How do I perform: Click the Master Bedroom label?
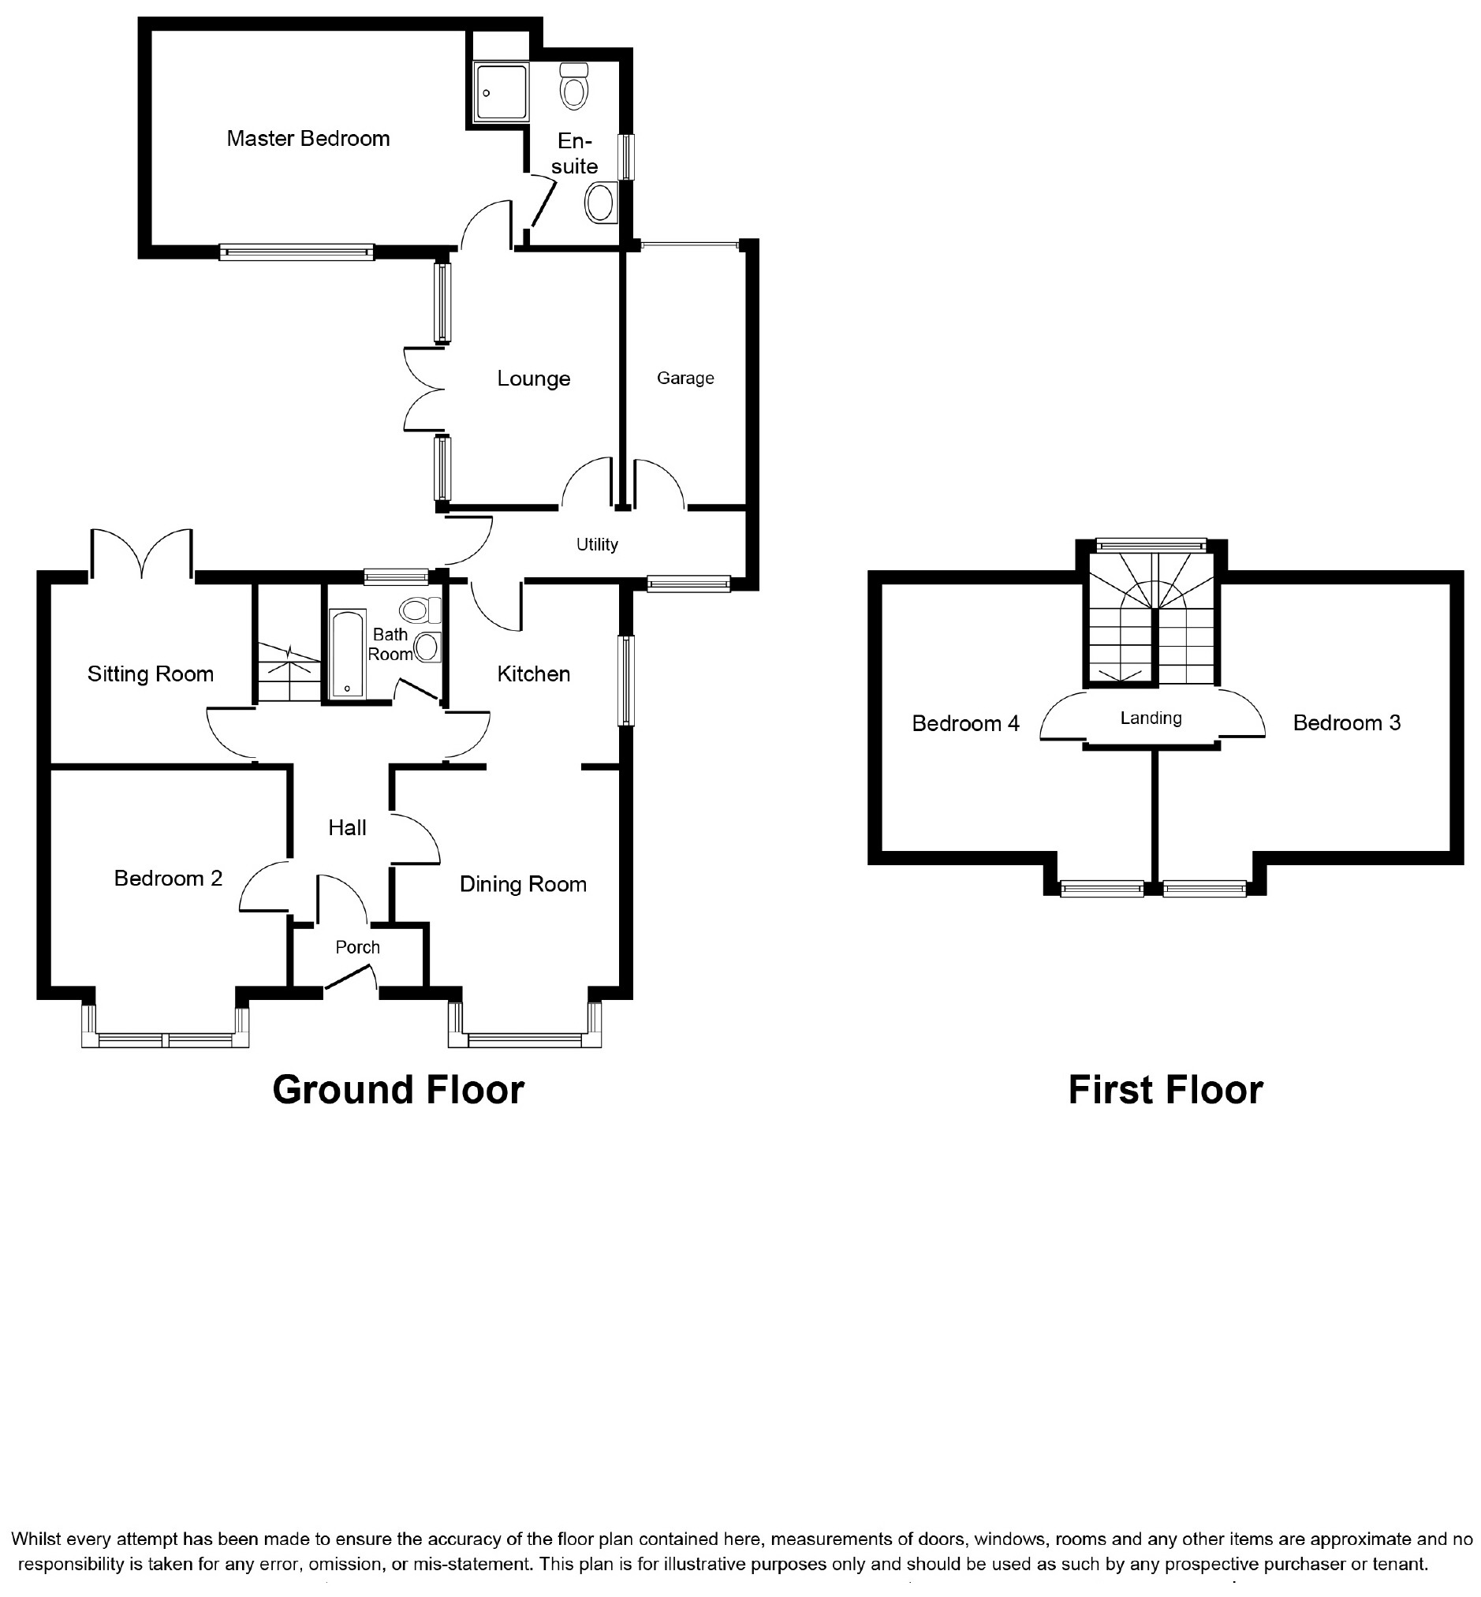[x=308, y=139]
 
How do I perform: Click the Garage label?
[x=685, y=379]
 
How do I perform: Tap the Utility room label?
[x=597, y=545]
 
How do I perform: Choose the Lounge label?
[x=534, y=379]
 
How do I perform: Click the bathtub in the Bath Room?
[x=348, y=655]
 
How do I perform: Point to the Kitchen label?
[x=534, y=674]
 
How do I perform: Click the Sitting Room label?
[x=151, y=674]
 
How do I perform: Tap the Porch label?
[x=357, y=947]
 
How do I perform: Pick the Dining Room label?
[x=524, y=884]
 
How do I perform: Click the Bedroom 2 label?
[x=168, y=879]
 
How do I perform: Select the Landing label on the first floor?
[x=1151, y=718]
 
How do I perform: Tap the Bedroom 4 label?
[x=966, y=723]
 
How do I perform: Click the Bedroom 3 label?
[x=1346, y=722]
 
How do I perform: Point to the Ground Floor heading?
[x=398, y=1090]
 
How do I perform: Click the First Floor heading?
[x=1166, y=1090]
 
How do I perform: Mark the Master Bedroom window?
[x=297, y=252]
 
